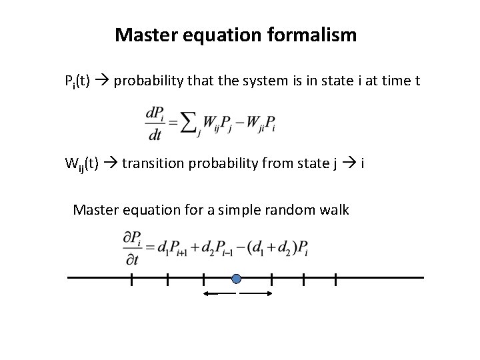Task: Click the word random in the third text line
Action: click(279, 211)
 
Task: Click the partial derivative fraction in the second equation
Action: click(131, 248)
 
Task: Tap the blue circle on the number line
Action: click(236, 279)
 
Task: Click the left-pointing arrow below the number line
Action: click(219, 293)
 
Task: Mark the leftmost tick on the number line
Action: click(131, 279)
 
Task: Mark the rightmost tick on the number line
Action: click(335, 279)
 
